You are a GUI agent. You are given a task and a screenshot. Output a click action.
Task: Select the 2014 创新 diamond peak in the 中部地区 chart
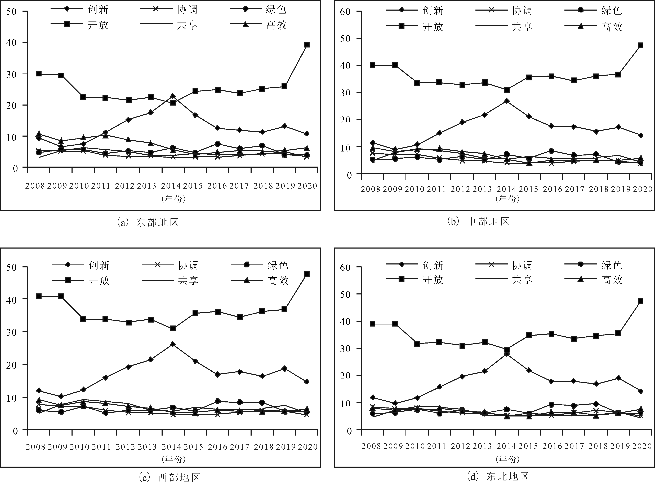[x=507, y=101]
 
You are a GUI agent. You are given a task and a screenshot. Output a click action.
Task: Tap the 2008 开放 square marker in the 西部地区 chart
[x=38, y=296]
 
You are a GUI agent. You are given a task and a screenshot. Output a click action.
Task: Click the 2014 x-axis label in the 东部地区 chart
[x=171, y=186]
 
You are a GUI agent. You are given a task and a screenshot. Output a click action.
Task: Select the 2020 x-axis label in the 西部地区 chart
[x=307, y=446]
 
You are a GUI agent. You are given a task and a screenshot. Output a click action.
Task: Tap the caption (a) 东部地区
[x=148, y=222]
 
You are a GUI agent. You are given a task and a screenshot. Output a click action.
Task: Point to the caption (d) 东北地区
[x=498, y=477]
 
